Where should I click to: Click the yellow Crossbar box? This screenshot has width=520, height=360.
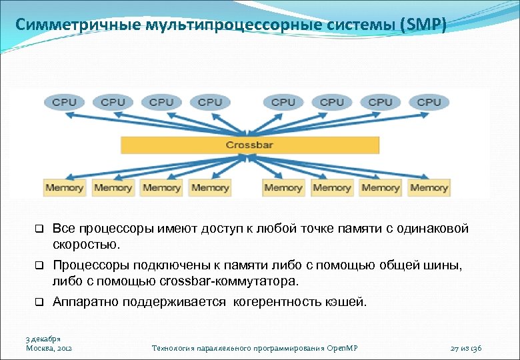249,145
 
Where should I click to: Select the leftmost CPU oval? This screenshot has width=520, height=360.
64,102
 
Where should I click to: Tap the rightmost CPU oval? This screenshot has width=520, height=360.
429,102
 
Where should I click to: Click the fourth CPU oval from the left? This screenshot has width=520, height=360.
210,102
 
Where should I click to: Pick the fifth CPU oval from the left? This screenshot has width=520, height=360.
283,102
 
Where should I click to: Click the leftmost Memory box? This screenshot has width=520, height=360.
64,187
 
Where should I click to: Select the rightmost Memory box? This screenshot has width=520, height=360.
429,187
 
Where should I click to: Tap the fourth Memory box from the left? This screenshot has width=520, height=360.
210,187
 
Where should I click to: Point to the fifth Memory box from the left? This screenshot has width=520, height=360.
283,187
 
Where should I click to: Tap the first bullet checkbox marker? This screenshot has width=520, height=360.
39,229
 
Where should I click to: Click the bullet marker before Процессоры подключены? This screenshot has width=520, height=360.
39,266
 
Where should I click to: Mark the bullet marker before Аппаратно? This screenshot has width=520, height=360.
39,302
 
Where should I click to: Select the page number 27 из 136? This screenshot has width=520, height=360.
466,348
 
